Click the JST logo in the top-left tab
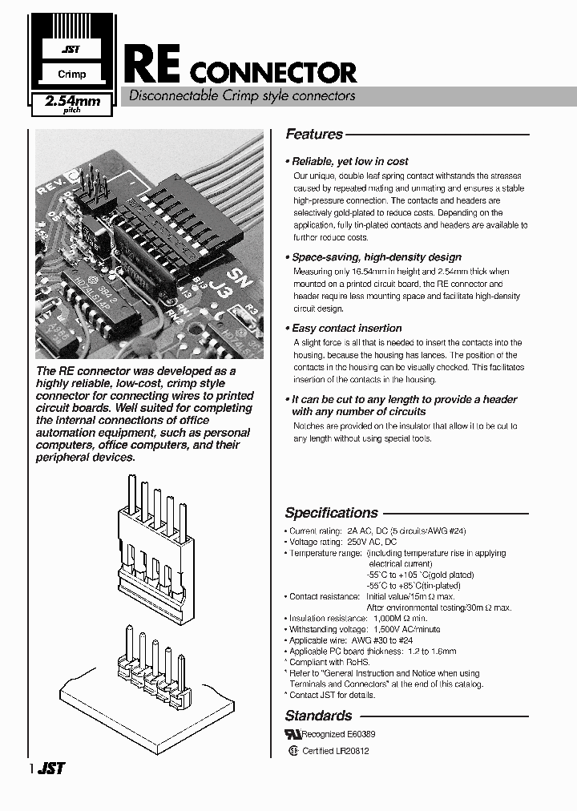[x=71, y=50]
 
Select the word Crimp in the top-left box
[x=71, y=75]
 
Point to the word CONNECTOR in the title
[x=272, y=73]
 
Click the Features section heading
[x=314, y=135]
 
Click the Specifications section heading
[x=331, y=513]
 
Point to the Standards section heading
[x=318, y=716]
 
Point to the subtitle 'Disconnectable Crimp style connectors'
[x=237, y=96]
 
